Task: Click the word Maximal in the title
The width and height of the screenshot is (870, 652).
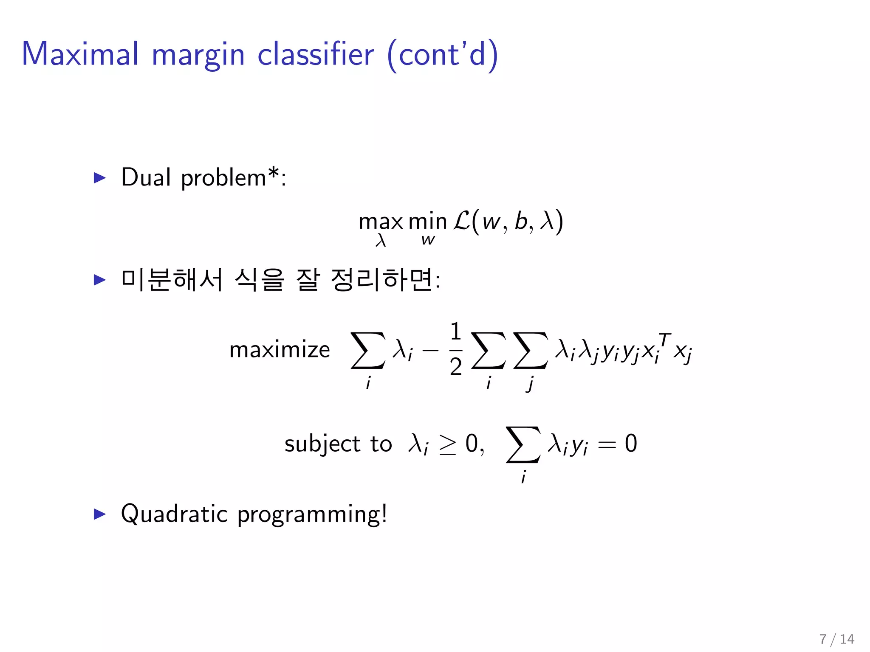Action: point(80,54)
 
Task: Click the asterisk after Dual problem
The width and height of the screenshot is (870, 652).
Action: point(273,173)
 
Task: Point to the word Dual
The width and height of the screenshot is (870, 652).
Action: point(146,177)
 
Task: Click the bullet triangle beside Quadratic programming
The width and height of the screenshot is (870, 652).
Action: point(99,514)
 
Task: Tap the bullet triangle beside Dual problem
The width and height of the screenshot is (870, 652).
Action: point(99,177)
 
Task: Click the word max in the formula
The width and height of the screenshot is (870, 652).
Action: point(381,222)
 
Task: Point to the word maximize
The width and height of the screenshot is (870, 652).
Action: point(280,350)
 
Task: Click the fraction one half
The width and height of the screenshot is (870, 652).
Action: point(456,349)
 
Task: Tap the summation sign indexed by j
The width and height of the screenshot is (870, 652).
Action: point(530,350)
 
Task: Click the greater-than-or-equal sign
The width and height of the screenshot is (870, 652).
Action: point(447,445)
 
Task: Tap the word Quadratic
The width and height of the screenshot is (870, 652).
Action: point(174,514)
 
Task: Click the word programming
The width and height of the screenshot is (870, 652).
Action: point(312,515)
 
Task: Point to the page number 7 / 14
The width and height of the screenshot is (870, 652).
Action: point(836,639)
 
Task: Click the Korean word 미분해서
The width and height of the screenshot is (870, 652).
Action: point(172,280)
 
